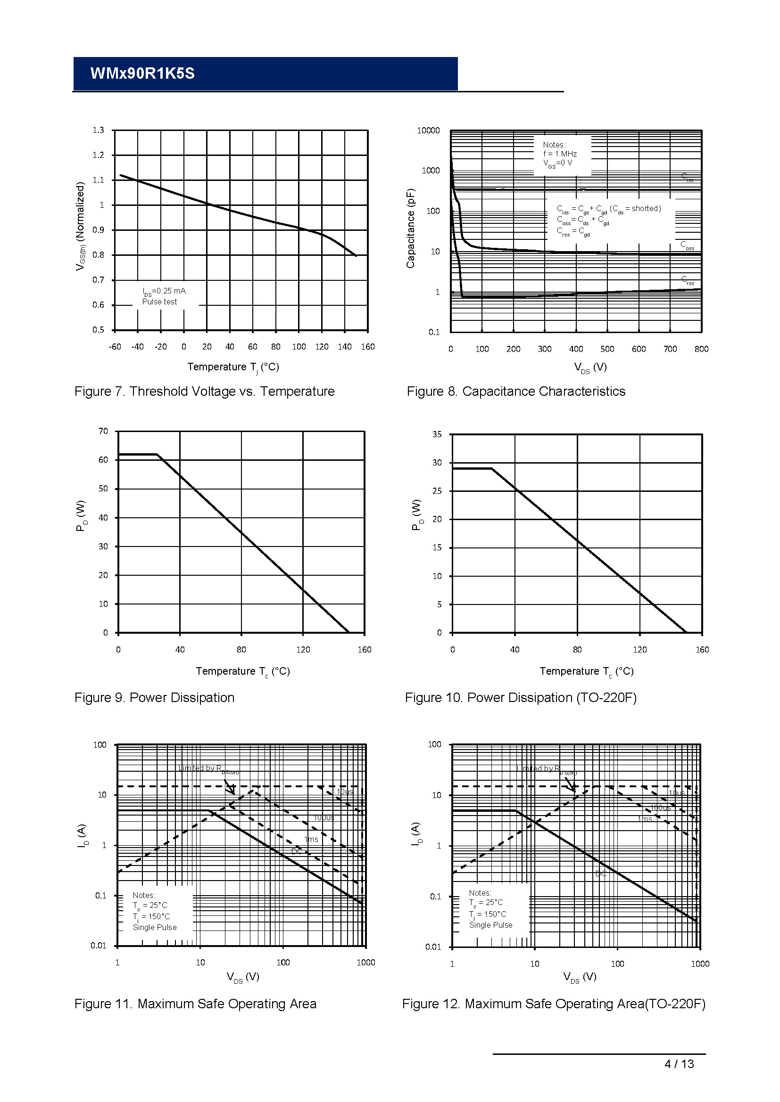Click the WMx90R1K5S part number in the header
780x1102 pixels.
(142, 73)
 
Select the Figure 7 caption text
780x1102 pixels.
(204, 391)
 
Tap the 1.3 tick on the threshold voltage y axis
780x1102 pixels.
(98, 130)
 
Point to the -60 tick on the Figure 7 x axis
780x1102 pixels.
(115, 347)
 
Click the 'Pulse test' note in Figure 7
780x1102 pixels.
(159, 302)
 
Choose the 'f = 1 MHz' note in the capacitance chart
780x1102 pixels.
(560, 154)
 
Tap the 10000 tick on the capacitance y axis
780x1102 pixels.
(428, 131)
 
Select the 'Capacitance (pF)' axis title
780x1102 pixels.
(410, 228)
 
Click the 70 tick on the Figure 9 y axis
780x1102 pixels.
(103, 431)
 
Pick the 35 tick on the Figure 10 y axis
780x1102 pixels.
(437, 434)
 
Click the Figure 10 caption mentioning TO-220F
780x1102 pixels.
(521, 697)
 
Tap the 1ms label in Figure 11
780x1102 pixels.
(311, 839)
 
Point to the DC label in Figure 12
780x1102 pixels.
(601, 873)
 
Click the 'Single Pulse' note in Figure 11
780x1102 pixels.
(155, 927)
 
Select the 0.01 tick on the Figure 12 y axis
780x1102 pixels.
(433, 947)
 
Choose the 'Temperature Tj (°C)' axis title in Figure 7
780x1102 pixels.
(233, 367)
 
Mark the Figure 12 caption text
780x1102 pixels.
(553, 1004)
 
